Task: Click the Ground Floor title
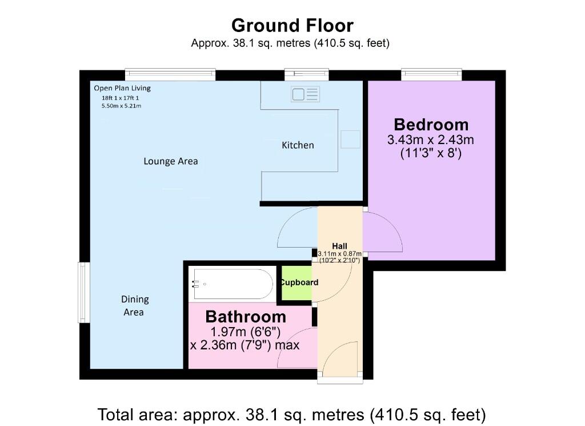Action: (292, 26)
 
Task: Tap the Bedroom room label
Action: (431, 125)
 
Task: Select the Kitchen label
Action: (298, 145)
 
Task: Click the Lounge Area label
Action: (170, 161)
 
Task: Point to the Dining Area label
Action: (134, 306)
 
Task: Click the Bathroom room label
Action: (246, 317)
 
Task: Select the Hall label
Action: (340, 246)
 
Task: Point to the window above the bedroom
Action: (431, 74)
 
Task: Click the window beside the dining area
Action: (83, 292)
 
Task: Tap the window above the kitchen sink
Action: (307, 74)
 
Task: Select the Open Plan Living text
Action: (122, 88)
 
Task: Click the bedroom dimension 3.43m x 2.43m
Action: (431, 140)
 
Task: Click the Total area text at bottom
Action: (292, 413)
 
